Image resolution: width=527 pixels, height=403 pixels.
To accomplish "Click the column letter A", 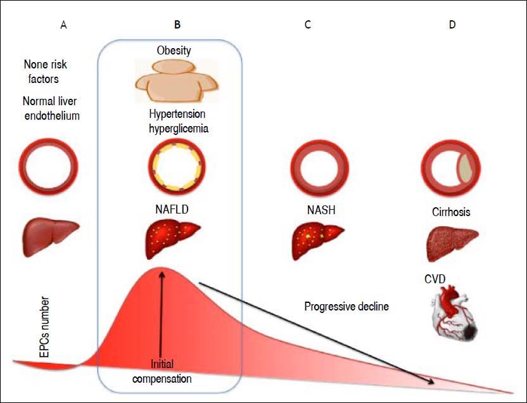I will pos(63,25).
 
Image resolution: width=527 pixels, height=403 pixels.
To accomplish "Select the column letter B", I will pos(177,25).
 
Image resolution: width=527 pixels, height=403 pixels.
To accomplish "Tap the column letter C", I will pos(307,25).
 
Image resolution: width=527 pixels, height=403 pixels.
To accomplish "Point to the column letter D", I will pos(451,25).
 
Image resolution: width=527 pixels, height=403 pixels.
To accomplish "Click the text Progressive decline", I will pos(346,307).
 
